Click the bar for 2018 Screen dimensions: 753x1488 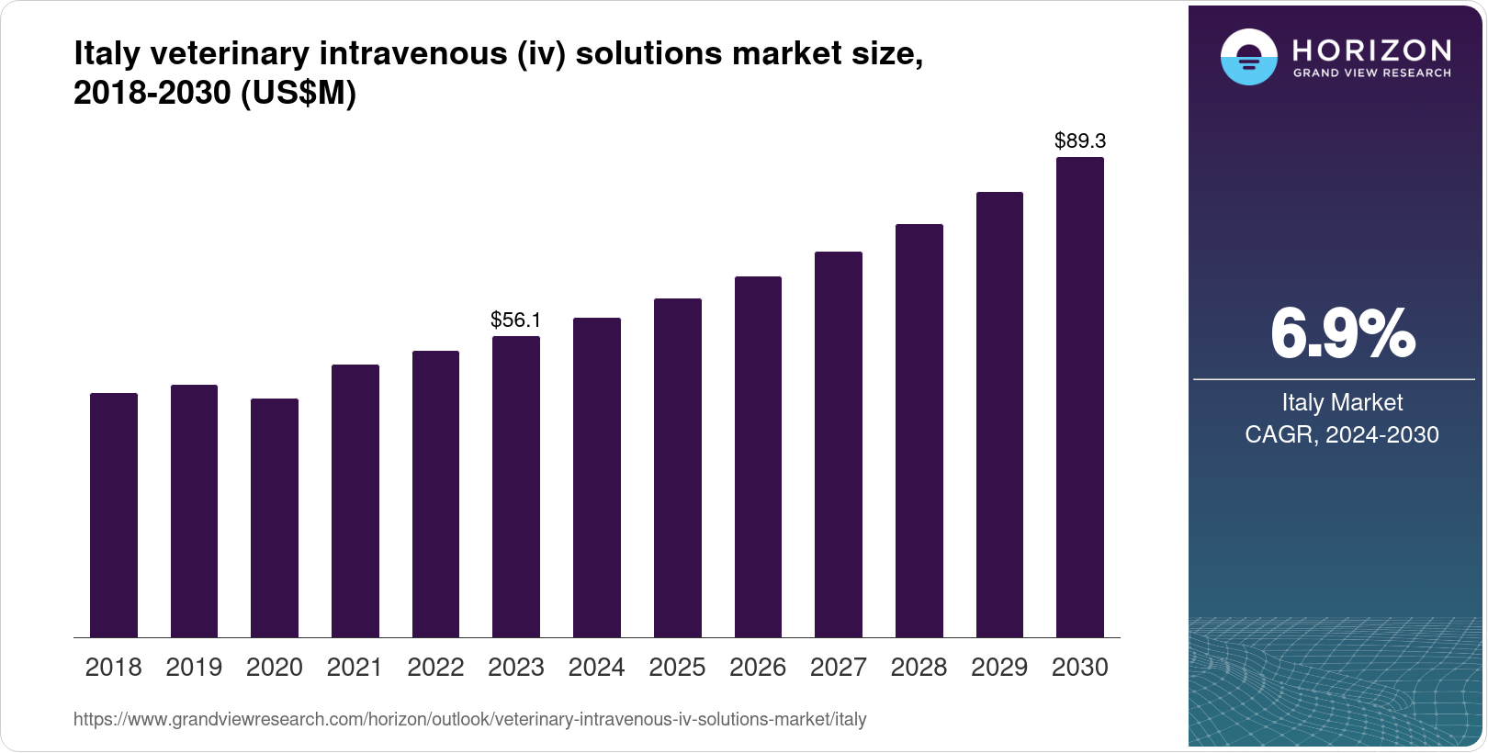114,515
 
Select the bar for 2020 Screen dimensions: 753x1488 275,518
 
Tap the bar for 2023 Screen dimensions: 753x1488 516,487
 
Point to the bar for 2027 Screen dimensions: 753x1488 839,444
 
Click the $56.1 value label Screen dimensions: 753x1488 516,320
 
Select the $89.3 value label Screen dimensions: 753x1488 1080,140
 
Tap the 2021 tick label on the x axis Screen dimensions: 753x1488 355,668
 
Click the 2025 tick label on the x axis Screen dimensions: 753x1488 677,668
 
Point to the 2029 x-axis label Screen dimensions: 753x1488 999,668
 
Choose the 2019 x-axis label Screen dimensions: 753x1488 194,668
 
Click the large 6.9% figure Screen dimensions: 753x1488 1342,334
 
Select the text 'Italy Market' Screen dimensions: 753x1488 1342,402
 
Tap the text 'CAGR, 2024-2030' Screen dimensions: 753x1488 1342,434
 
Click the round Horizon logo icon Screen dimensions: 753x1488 1248,57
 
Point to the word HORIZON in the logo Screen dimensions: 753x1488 1372,50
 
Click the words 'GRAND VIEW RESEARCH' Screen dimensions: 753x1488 1372,73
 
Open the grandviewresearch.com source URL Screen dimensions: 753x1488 469,719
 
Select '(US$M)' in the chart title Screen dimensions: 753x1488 299,93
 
